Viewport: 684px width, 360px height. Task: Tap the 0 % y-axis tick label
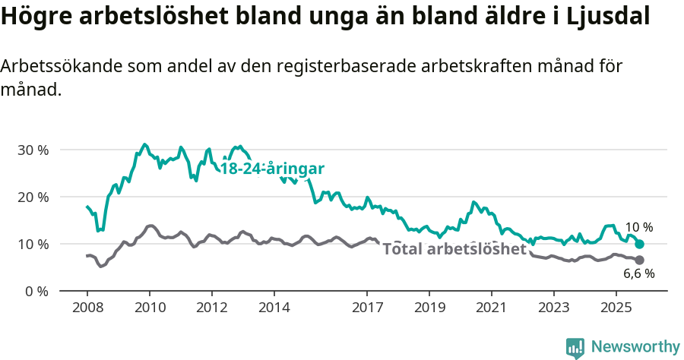(36, 291)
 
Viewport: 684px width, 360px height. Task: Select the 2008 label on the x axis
(87, 308)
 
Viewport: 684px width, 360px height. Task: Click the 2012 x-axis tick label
(211, 308)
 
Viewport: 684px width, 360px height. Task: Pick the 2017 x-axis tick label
(367, 308)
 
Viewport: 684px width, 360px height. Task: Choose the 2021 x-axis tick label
(491, 308)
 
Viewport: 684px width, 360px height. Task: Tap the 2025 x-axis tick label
(616, 308)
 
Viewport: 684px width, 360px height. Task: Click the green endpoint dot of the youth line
(640, 245)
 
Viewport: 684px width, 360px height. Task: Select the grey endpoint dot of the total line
(640, 261)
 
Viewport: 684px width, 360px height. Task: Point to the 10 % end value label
(639, 227)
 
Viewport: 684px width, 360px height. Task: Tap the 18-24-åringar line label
(272, 169)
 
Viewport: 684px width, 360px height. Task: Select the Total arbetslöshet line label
(454, 249)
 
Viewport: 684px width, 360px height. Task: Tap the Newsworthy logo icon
(575, 348)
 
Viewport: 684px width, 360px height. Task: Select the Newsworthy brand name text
(635, 347)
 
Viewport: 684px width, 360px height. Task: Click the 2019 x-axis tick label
(429, 308)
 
